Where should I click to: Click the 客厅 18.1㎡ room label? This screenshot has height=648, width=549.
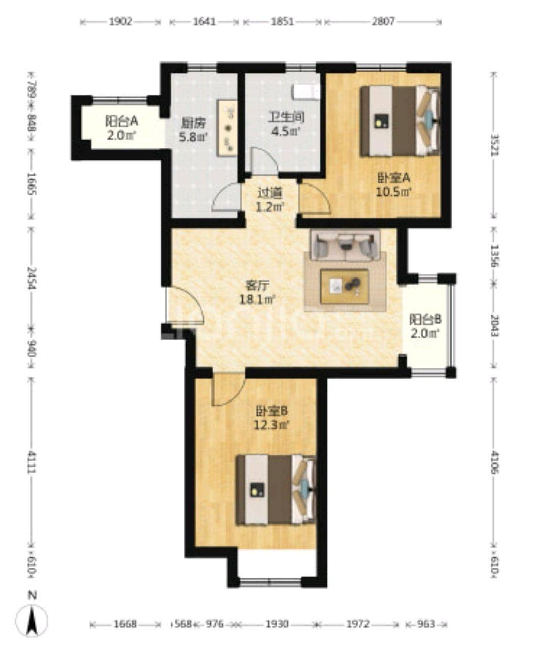tap(257, 293)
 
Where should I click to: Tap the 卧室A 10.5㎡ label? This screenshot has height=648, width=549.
tap(393, 185)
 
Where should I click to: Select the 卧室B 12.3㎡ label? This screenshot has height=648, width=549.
tap(272, 417)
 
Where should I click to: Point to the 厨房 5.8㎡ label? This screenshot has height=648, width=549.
tap(194, 130)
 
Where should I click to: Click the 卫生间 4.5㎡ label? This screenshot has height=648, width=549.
tap(286, 124)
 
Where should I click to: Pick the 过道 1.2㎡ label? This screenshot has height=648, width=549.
tap(269, 200)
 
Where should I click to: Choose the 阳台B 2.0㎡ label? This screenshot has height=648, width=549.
tap(425, 326)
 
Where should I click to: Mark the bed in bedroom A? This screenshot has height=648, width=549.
tap(400, 121)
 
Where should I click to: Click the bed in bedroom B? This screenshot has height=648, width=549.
tap(276, 489)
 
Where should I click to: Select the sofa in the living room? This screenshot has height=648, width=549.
tap(346, 244)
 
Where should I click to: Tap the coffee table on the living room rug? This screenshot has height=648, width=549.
tap(345, 287)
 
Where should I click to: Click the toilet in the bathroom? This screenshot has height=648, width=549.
tap(306, 92)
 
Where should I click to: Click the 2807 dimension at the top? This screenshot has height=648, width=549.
tap(383, 22)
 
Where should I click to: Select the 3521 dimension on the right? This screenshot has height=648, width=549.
tap(492, 146)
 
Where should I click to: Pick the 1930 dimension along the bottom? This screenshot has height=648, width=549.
tap(277, 624)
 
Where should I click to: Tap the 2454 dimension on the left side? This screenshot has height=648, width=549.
tap(32, 279)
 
